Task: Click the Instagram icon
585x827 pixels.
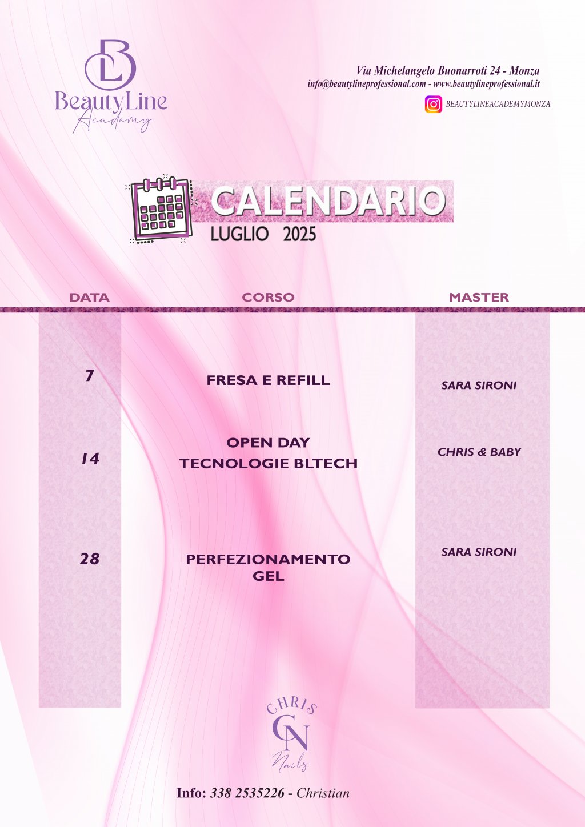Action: click(433, 104)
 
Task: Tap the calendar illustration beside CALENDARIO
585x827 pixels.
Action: click(162, 210)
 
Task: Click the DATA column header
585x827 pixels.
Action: click(89, 298)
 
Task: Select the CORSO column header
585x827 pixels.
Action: click(268, 297)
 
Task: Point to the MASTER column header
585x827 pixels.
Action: click(479, 297)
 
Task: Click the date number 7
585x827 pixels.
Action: click(89, 375)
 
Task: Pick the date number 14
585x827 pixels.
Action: click(90, 459)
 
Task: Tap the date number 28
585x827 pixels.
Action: click(89, 559)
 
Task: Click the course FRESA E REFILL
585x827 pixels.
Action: click(268, 380)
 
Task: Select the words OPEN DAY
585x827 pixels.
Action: click(268, 443)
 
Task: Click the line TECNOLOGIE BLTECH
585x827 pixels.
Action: click(269, 463)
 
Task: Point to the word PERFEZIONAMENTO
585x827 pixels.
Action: click(268, 559)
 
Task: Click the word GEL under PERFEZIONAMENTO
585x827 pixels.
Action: click(269, 576)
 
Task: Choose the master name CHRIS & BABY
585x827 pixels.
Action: click(479, 452)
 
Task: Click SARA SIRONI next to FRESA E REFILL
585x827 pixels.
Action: click(479, 386)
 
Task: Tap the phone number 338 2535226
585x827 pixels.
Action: click(247, 793)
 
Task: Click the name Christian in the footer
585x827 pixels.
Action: click(323, 793)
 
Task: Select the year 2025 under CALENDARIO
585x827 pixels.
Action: click(299, 234)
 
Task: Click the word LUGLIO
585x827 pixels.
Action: click(239, 234)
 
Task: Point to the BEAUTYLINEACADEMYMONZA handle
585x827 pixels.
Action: click(498, 104)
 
